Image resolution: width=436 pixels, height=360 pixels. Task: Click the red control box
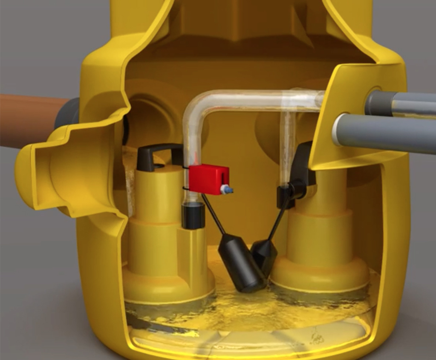click(208, 179)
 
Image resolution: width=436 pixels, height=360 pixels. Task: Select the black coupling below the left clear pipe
click(193, 215)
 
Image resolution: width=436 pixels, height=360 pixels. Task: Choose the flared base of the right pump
click(320, 273)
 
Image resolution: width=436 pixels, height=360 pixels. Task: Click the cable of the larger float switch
click(213, 215)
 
